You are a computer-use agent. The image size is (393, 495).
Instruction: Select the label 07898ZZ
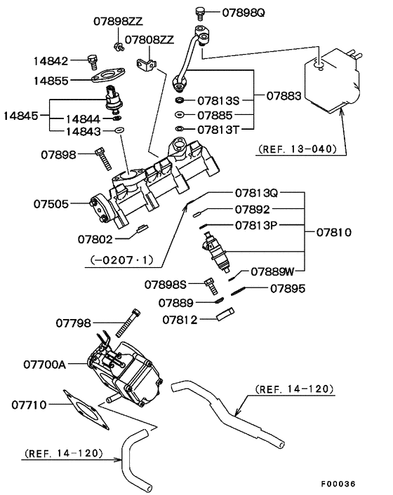coord(118,22)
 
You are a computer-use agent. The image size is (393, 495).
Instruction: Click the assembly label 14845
coord(22,113)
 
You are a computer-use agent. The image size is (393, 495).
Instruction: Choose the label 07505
coord(51,205)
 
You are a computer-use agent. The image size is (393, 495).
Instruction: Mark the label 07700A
coord(44,365)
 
